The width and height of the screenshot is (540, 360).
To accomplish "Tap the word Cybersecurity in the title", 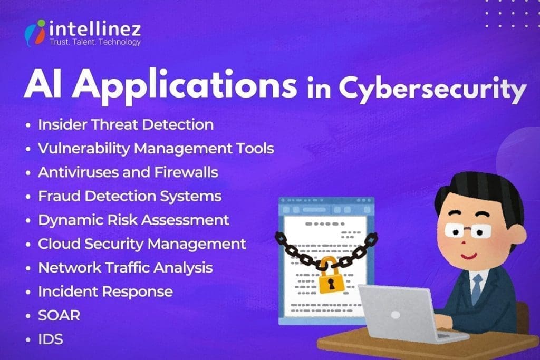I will (x=432, y=87).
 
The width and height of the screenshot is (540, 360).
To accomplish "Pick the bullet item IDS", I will (x=51, y=339).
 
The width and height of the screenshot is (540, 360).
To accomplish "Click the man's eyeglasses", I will (x=467, y=231).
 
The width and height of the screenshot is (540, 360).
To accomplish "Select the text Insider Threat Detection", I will (x=126, y=125).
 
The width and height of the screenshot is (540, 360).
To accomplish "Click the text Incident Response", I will (x=105, y=291).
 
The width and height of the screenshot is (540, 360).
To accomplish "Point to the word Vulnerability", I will (x=83, y=149).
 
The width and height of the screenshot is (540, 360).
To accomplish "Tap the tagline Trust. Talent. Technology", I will (x=95, y=42).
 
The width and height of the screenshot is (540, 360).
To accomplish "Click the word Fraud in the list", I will (x=56, y=196).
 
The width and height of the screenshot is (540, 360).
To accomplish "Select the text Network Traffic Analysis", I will (x=126, y=267).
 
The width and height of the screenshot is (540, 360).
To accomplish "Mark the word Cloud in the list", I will (x=56, y=244).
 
